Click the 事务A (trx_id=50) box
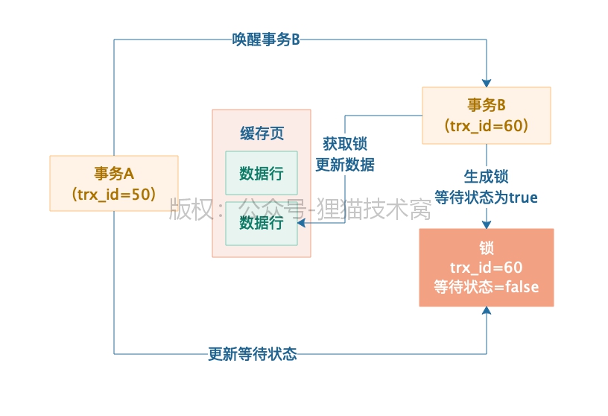113,183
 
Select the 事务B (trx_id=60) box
486,115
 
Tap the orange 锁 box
486,267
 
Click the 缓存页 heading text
262,133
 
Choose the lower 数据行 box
262,222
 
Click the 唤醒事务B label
265,40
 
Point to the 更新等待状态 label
252,354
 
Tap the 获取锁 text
344,144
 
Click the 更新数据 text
344,165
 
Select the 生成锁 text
486,177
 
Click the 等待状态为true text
486,198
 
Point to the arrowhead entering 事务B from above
487,81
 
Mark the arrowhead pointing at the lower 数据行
302,222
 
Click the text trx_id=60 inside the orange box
486,267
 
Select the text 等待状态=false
486,286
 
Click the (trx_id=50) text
113,194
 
